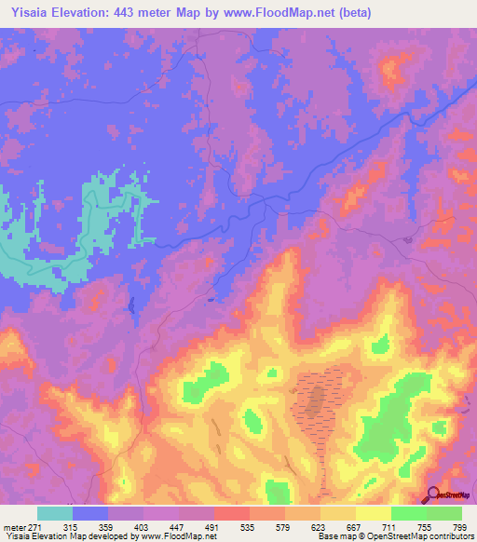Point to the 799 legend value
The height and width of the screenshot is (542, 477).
[458, 527]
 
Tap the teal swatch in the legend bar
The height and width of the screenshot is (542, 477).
[55, 513]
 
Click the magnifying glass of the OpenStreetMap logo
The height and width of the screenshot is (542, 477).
[433, 495]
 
